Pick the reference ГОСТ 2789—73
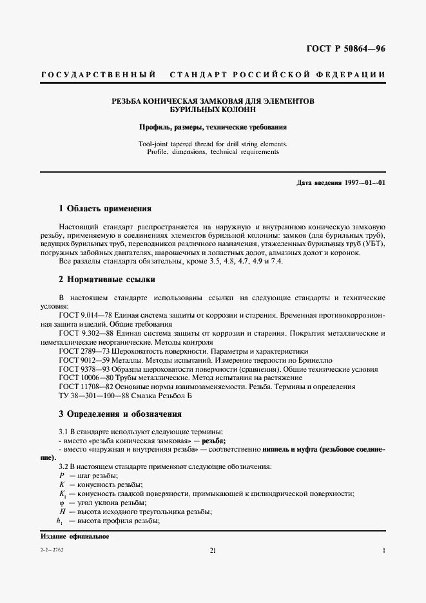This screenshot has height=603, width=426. [x=81, y=350]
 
